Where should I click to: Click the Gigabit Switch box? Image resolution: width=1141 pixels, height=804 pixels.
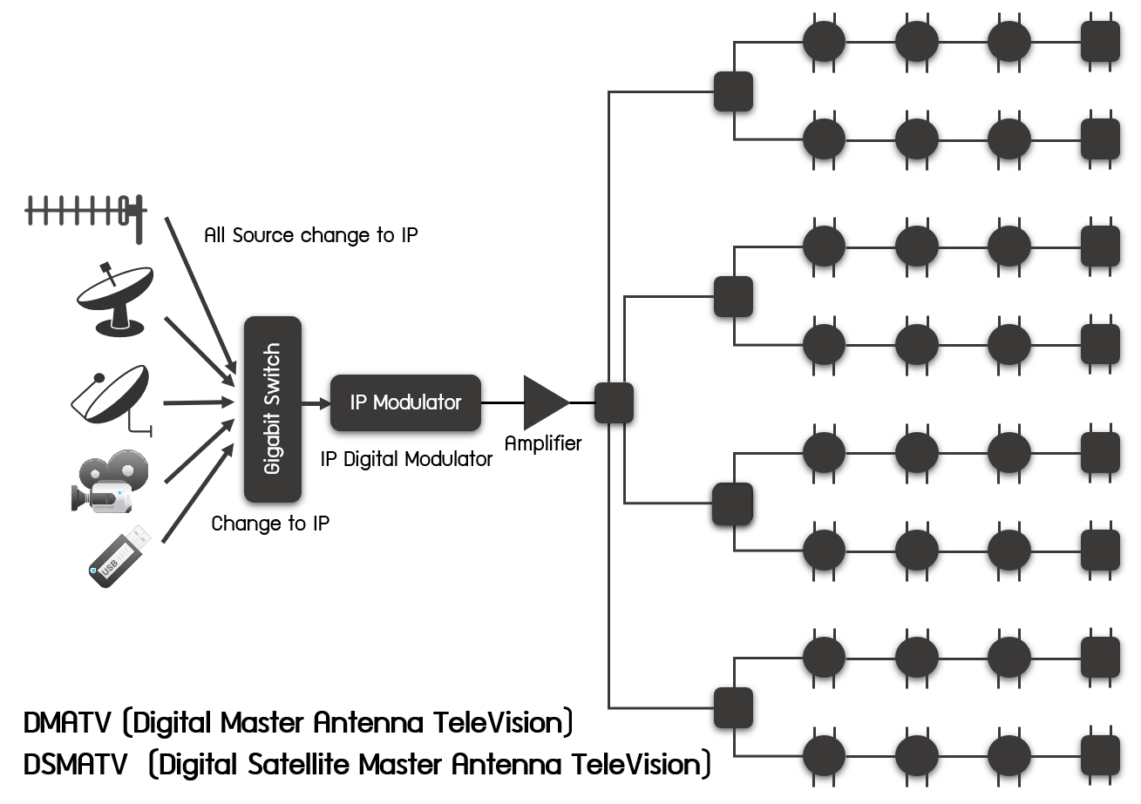click(x=273, y=409)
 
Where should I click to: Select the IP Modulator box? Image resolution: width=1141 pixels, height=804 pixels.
click(x=405, y=402)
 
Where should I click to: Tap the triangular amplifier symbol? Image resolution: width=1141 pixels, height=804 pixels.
click(x=544, y=402)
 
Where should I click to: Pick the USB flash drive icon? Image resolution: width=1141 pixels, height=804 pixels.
click(x=121, y=556)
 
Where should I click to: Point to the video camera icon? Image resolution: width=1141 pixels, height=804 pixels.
click(x=108, y=481)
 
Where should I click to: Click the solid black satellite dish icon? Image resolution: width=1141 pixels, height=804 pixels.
click(x=114, y=299)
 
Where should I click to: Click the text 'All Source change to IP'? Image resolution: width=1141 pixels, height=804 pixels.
click(x=310, y=235)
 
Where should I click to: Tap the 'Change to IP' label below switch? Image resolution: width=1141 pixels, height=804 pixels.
click(x=270, y=524)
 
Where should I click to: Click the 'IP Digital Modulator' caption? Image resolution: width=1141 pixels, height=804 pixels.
click(x=406, y=459)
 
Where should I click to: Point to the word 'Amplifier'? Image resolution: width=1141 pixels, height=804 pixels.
click(x=542, y=443)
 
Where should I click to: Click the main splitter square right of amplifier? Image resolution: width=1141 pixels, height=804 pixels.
click(x=614, y=402)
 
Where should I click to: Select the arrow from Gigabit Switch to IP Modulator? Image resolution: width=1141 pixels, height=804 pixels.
click(x=315, y=403)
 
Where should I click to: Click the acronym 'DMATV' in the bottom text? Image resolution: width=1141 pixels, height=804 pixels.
click(x=68, y=723)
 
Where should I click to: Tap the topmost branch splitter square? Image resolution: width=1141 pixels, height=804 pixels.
click(x=733, y=91)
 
